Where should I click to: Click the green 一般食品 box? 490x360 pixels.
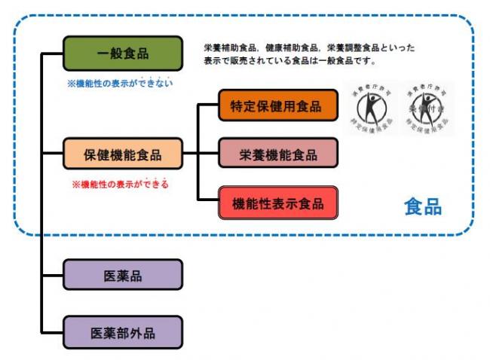pyautogui.click(x=123, y=53)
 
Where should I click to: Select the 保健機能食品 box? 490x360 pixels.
pyautogui.click(x=123, y=155)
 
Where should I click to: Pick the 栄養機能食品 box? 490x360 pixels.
pyautogui.click(x=278, y=155)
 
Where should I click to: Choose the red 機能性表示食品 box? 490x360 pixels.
pyautogui.click(x=278, y=203)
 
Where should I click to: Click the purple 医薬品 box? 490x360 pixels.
pyautogui.click(x=123, y=275)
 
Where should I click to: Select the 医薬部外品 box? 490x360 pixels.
pyautogui.click(x=123, y=332)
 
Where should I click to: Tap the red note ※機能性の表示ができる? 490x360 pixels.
pyautogui.click(x=120, y=184)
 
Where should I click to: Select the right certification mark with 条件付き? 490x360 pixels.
pyautogui.click(x=428, y=108)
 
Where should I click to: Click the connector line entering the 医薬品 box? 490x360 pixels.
pyautogui.click(x=53, y=275)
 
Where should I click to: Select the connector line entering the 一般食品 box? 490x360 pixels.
pyautogui.click(x=53, y=53)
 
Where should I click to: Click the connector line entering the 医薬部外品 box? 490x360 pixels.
pyautogui.click(x=53, y=332)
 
